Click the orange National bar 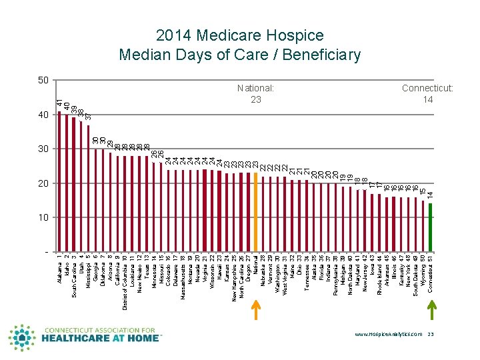point(256,212)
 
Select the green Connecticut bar point(431,227)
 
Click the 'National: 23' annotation point(256,93)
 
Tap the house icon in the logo point(21,338)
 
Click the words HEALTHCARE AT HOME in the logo point(102,338)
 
